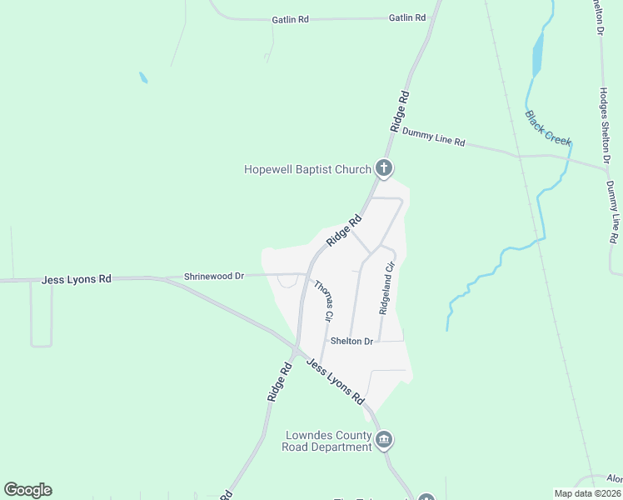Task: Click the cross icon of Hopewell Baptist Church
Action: coord(384,169)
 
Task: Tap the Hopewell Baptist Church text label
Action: coord(307,169)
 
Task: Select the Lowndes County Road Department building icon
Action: coord(384,441)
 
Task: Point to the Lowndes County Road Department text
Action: coord(328,442)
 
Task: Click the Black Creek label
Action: coord(548,128)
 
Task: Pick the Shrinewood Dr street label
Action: coord(213,276)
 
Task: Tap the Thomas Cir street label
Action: coord(324,300)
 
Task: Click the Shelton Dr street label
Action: coord(351,342)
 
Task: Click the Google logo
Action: coord(27,490)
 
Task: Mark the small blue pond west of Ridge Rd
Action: coord(143,77)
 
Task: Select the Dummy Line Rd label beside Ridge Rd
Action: coord(433,137)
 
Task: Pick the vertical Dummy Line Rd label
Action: coord(614,214)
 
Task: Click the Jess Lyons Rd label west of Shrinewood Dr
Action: coord(76,280)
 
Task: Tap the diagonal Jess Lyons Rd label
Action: coord(335,381)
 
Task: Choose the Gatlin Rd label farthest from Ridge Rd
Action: coord(291,18)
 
